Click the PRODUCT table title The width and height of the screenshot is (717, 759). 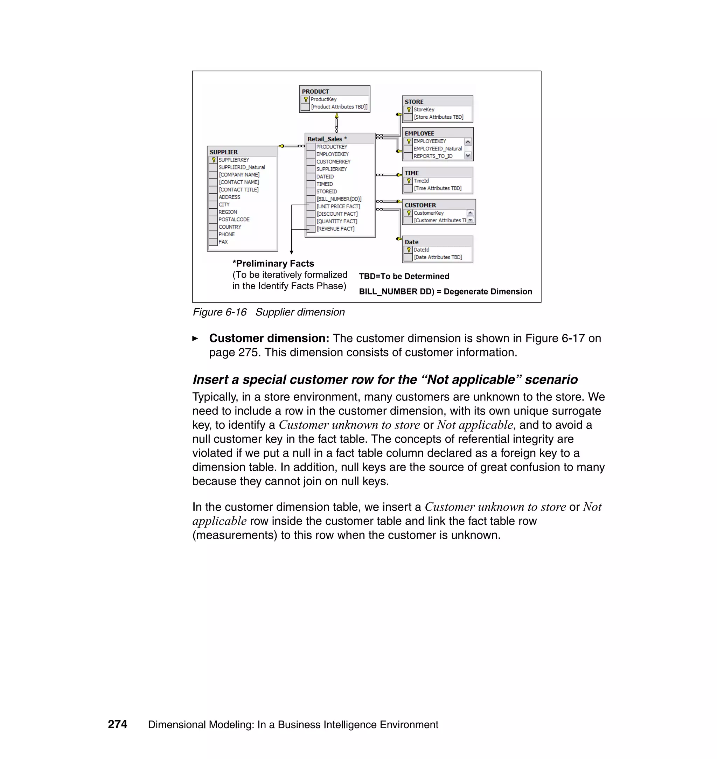tap(315, 91)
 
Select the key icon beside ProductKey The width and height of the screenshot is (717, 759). tap(306, 99)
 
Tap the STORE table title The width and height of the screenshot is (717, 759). tap(414, 102)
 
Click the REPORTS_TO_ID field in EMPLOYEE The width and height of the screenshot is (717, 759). tap(433, 156)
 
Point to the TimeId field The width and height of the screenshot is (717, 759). tap(421, 181)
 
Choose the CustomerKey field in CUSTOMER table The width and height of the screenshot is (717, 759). tap(429, 213)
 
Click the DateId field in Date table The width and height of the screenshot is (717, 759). tap(421, 250)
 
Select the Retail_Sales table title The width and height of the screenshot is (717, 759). tap(325, 139)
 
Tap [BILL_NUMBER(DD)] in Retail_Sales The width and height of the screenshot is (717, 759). tap(339, 199)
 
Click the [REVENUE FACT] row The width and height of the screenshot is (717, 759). tap(335, 229)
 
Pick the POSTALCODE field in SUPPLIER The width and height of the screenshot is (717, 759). tap(234, 220)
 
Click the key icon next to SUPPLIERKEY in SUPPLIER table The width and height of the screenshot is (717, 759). tap(214, 160)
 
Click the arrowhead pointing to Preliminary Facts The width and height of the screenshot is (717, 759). tap(292, 252)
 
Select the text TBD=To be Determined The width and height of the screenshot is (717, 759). tap(404, 276)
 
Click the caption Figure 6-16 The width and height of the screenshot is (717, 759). tap(220, 312)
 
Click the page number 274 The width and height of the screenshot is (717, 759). tap(117, 724)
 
